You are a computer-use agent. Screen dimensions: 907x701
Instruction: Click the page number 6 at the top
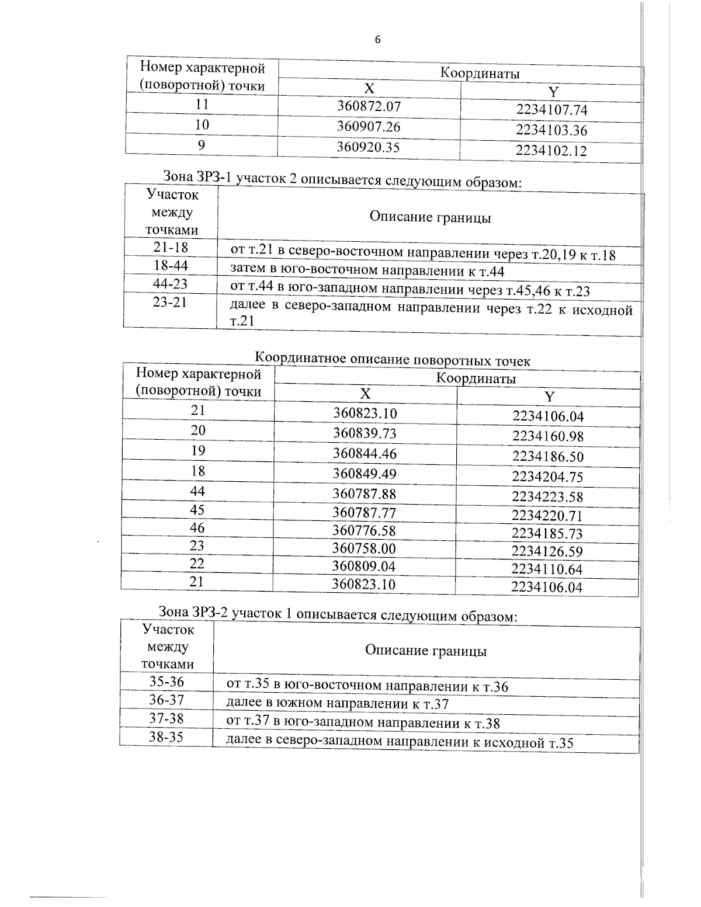click(x=377, y=40)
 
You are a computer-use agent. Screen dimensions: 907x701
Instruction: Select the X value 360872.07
click(x=369, y=106)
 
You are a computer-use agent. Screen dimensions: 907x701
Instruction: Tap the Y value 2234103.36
click(x=551, y=130)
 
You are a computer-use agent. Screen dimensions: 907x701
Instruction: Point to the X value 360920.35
click(x=368, y=147)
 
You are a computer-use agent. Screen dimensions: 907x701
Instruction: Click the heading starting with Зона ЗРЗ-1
click(x=341, y=178)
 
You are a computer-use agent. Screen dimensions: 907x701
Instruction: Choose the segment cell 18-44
click(x=171, y=266)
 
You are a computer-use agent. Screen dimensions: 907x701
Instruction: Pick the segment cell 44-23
click(x=170, y=284)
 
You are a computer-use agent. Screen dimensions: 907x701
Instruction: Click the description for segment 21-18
click(x=424, y=253)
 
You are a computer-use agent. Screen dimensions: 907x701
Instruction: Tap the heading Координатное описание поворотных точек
click(x=393, y=359)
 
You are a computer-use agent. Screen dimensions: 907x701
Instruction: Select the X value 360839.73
click(x=365, y=433)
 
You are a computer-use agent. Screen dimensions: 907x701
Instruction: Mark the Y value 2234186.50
click(x=547, y=456)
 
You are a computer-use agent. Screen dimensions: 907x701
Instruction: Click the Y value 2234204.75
click(x=547, y=477)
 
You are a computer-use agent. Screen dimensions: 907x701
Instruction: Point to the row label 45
click(x=197, y=510)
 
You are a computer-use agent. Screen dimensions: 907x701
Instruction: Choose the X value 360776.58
click(x=364, y=530)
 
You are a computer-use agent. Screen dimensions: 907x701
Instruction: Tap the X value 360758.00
click(x=364, y=548)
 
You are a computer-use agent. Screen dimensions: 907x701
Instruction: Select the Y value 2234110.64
click(x=547, y=569)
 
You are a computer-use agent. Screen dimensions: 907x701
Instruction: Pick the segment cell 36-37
click(x=166, y=700)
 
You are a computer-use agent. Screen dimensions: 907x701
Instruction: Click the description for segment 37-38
click(x=363, y=723)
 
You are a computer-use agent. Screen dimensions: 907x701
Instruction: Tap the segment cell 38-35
click(x=166, y=737)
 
